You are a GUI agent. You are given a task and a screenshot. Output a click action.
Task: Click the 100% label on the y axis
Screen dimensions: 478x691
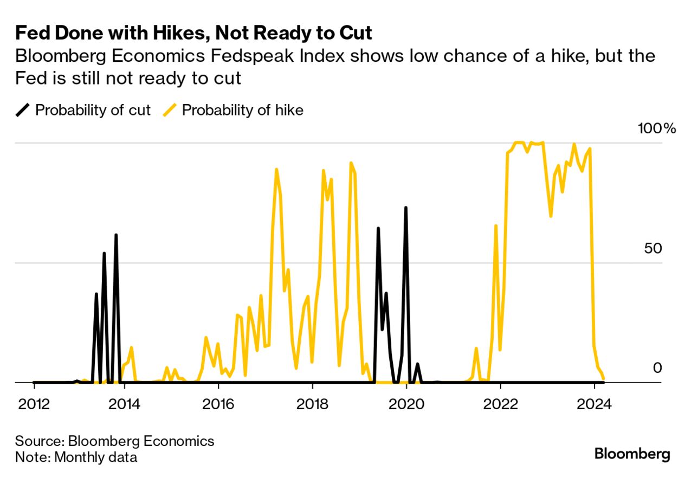tap(657, 129)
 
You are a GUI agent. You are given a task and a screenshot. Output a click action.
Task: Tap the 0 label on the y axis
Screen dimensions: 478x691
tap(657, 368)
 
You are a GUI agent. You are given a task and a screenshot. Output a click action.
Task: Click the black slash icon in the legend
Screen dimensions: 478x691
tap(23, 111)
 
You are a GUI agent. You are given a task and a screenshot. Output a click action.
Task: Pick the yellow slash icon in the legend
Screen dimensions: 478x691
tap(170, 111)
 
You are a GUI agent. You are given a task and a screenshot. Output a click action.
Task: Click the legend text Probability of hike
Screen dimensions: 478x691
tap(242, 111)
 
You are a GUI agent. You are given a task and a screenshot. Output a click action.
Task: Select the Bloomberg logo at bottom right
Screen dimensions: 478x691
tap(632, 454)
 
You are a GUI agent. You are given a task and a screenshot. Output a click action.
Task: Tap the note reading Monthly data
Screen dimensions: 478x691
tap(95, 457)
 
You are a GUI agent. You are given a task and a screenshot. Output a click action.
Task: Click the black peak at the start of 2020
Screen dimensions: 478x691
tap(405, 208)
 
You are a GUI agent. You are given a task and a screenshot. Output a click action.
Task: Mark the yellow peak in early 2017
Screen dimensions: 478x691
tap(276, 170)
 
